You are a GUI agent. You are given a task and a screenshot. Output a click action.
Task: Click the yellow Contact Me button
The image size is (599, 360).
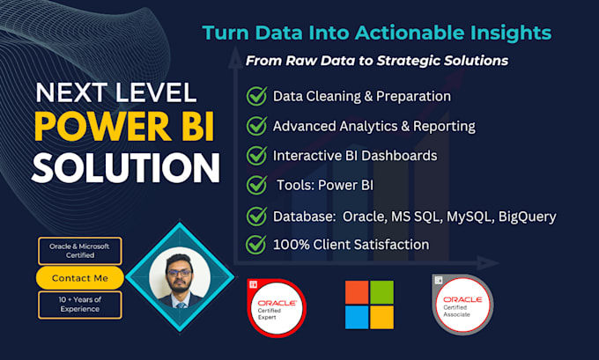click(78, 278)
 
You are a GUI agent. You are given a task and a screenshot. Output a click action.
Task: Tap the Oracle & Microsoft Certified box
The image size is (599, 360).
click(78, 251)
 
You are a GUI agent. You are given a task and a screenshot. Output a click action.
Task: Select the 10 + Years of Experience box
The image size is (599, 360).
click(78, 305)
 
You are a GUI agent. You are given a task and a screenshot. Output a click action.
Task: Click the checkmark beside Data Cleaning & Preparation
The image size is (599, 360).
click(256, 96)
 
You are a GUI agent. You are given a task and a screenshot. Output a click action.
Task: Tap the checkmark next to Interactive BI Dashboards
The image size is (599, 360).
click(256, 156)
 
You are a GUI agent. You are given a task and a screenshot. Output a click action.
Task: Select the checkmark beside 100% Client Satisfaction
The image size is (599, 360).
click(256, 244)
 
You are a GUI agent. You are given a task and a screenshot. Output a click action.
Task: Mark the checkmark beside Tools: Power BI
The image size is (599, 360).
click(256, 186)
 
